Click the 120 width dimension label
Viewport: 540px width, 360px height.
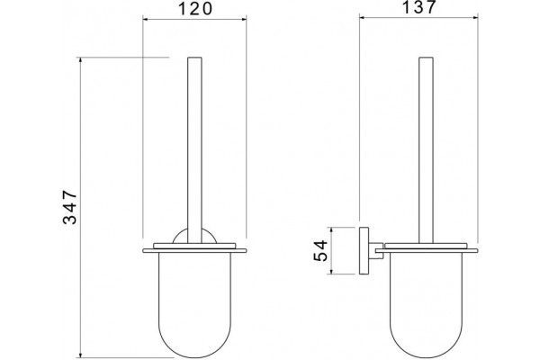[x=195, y=9]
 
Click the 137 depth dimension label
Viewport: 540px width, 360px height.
[x=419, y=7]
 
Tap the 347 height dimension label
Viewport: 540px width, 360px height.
[x=70, y=207]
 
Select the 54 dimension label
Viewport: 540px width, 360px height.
[x=320, y=251]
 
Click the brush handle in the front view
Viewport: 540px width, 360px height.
[x=194, y=150]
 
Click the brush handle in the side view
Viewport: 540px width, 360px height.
[x=426, y=150]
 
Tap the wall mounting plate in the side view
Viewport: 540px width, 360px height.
[x=364, y=251]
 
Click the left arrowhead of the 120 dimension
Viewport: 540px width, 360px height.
[x=145, y=19]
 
